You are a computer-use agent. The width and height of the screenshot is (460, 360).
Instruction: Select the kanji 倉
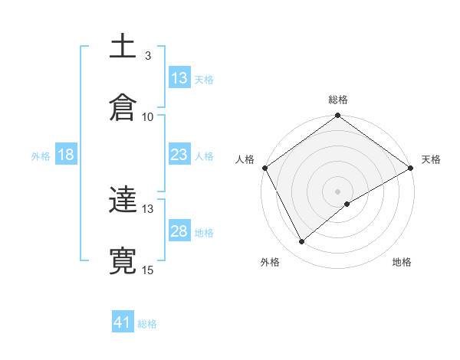pyautogui.click(x=123, y=106)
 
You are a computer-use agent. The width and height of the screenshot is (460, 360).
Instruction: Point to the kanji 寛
pyautogui.click(x=123, y=260)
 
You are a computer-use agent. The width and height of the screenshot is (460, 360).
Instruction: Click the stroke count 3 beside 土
pyautogui.click(x=148, y=56)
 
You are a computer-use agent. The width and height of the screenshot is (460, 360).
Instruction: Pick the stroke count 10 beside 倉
pyautogui.click(x=148, y=116)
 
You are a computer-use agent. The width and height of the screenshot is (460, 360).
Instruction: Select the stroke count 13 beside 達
pyautogui.click(x=148, y=208)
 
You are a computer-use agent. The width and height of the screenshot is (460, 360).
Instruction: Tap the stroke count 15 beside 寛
pyautogui.click(x=148, y=270)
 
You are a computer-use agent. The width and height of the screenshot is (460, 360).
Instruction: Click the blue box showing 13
pyautogui.click(x=179, y=78)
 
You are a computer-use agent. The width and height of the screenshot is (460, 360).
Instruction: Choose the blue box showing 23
pyautogui.click(x=179, y=155)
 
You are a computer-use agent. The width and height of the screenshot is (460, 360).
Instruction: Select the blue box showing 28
pyautogui.click(x=179, y=231)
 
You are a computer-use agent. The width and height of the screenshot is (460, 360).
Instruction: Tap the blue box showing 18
pyautogui.click(x=66, y=155)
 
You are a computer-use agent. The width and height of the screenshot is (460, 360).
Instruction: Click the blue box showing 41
pyautogui.click(x=123, y=323)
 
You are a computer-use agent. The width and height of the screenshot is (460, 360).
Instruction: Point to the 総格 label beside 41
pyautogui.click(x=147, y=324)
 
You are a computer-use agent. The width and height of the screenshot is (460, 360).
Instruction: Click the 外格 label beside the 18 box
pyautogui.click(x=41, y=156)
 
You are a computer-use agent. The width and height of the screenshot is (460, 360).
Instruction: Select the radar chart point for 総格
pyautogui.click(x=337, y=116)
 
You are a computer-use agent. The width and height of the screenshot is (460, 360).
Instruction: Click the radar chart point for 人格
pyautogui.click(x=264, y=168)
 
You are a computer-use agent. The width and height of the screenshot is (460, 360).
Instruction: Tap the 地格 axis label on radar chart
pyautogui.click(x=402, y=263)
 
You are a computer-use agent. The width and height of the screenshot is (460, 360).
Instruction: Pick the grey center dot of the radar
pyautogui.click(x=337, y=191)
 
